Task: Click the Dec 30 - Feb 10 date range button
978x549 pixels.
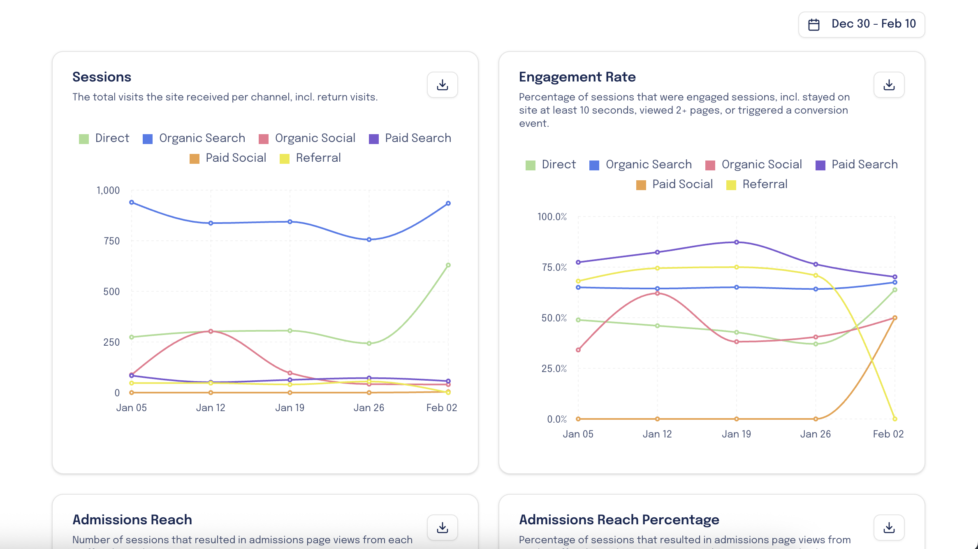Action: coord(862,24)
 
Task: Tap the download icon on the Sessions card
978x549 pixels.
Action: coord(442,85)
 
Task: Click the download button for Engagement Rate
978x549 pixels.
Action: coord(889,85)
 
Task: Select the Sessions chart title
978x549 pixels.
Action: coord(102,77)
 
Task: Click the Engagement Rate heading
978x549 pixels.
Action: coord(577,77)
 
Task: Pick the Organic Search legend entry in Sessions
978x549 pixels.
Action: coord(194,138)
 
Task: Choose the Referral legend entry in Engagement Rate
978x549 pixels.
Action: coord(757,184)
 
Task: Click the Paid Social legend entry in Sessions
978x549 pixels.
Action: coord(228,158)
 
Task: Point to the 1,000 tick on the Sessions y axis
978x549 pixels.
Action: coord(108,191)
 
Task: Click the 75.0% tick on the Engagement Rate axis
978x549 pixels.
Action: coord(554,268)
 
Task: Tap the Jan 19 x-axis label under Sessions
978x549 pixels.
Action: coord(290,408)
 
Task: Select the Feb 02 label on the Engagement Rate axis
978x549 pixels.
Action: coord(888,434)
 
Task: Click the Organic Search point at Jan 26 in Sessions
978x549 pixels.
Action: coord(369,240)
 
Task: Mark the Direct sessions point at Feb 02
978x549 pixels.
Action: coord(448,265)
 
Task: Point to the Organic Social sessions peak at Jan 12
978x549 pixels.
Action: coord(211,331)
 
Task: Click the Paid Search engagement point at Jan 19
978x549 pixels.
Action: coord(737,242)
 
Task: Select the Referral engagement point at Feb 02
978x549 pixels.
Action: coord(895,419)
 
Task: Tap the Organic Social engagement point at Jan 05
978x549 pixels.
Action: coord(578,350)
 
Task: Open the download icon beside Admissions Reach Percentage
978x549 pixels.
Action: coord(889,528)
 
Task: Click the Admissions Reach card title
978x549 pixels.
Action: coord(132,520)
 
